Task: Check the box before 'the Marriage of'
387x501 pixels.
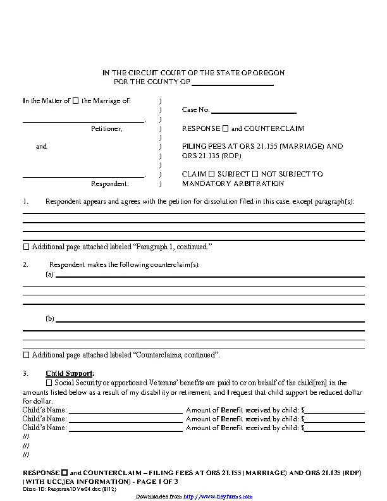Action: pyautogui.click(x=76, y=101)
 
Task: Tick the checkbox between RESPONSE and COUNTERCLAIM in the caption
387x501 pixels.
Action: pyautogui.click(x=225, y=128)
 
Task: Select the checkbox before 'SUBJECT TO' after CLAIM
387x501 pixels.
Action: pyautogui.click(x=211, y=174)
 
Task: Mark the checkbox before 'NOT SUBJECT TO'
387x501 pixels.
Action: pyautogui.click(x=255, y=174)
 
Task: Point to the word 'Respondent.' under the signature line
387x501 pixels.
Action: pyautogui.click(x=110, y=184)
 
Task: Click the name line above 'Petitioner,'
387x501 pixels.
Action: pyautogui.click(x=83, y=120)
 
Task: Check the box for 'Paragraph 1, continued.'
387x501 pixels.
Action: pyautogui.click(x=26, y=246)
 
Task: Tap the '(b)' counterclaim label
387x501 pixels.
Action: pyautogui.click(x=50, y=319)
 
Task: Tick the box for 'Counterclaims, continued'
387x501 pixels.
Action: pyautogui.click(x=26, y=355)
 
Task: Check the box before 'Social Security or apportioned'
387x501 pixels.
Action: pyautogui.click(x=50, y=383)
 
